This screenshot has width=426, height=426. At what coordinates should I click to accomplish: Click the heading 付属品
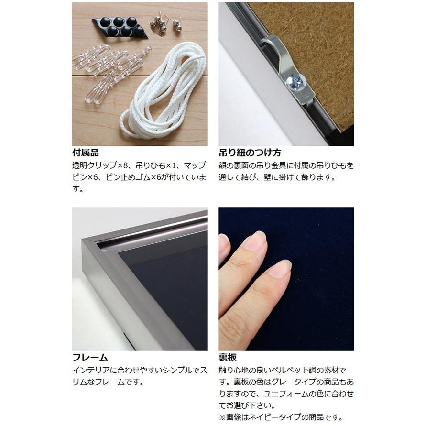[86, 153]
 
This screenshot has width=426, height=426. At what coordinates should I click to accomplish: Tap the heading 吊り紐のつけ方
[250, 153]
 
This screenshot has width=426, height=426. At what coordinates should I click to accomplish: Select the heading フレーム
[90, 358]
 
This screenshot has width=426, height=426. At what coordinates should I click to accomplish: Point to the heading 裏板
[228, 358]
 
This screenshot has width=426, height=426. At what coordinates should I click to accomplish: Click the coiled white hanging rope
[165, 91]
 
